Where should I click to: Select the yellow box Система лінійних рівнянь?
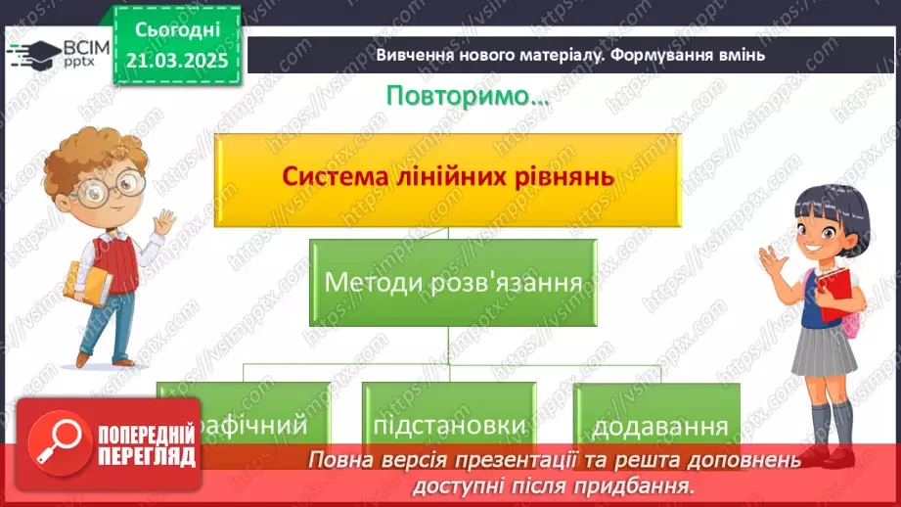pyautogui.click(x=447, y=177)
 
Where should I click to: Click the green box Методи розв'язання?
pyautogui.click(x=453, y=283)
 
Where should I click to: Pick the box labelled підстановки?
pyautogui.click(x=450, y=426)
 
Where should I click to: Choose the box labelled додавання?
pyautogui.click(x=660, y=427)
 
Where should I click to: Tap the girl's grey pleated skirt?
pyautogui.click(x=824, y=351)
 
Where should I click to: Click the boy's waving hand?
pyautogui.click(x=163, y=224)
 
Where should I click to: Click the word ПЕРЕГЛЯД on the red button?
pyautogui.click(x=147, y=456)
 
